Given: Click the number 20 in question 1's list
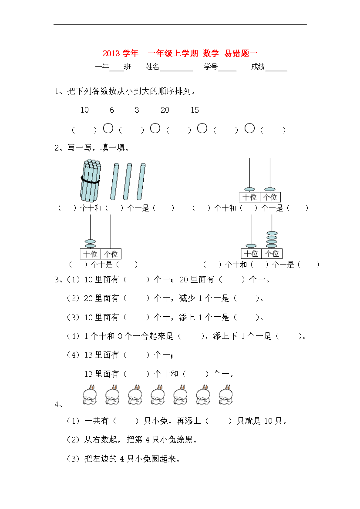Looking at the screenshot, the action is pos(165,110).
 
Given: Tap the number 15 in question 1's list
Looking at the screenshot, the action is pos(195,110).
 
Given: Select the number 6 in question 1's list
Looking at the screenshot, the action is pos(112,110).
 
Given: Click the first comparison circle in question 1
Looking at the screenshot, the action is pos(108,128).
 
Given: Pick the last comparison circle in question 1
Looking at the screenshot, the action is pos(249,128).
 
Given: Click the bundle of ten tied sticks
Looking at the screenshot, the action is pos(90,180).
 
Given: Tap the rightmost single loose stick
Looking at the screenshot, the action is pos(141,181).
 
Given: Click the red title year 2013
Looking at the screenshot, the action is pos(111,53).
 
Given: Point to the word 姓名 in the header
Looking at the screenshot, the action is pos(152,67).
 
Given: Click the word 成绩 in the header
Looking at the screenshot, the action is pos(258,67).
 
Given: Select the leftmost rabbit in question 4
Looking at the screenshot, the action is pos(90,395).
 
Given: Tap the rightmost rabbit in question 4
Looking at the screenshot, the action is pos(226,395).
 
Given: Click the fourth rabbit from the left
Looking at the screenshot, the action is pos(158,395).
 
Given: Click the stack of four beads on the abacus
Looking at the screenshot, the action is pos(272,240).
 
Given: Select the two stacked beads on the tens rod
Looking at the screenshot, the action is pos(90,244).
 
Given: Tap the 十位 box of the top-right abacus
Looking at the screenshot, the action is pos(250,197).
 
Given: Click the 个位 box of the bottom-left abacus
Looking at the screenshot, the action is pos(111,254).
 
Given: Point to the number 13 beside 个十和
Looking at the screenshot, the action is pos(89,374).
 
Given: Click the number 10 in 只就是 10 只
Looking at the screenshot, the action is pos(269,421).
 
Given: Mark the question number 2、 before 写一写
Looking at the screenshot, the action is pos(60,148).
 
